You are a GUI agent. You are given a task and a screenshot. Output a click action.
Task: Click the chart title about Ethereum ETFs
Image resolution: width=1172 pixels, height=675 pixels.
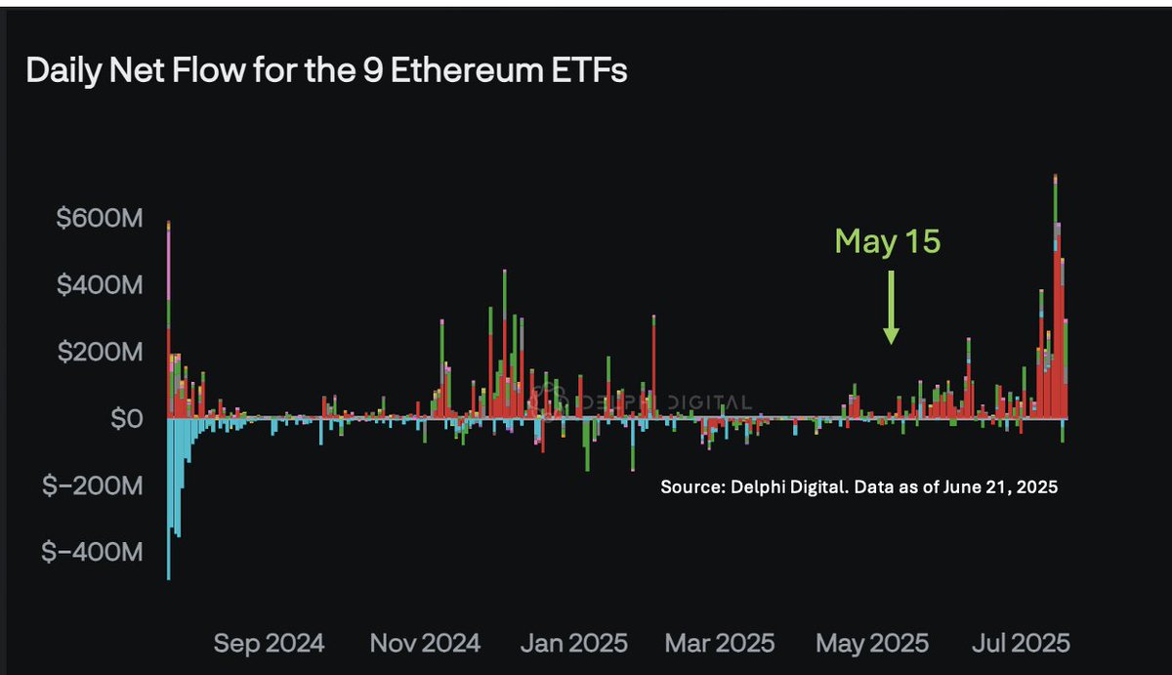(x=326, y=72)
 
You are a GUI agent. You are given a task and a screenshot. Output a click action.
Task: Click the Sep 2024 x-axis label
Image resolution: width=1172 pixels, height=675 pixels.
(x=268, y=643)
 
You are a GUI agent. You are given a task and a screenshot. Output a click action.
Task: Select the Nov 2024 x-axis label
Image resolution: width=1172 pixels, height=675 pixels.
(x=425, y=643)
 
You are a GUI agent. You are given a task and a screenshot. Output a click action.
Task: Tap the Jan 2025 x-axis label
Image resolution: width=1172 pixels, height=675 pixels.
(x=574, y=643)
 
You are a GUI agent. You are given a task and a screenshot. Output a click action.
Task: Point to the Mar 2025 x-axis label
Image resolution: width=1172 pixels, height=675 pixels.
(x=721, y=643)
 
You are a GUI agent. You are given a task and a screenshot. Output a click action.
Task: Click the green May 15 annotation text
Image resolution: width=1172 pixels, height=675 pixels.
(x=887, y=241)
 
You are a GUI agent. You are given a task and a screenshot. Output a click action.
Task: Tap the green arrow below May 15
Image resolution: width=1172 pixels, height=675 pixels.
(x=891, y=309)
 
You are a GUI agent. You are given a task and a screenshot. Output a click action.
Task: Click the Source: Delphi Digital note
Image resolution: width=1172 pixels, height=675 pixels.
(x=858, y=486)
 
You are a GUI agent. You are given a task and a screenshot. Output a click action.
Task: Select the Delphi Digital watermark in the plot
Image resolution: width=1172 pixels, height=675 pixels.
(x=645, y=401)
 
